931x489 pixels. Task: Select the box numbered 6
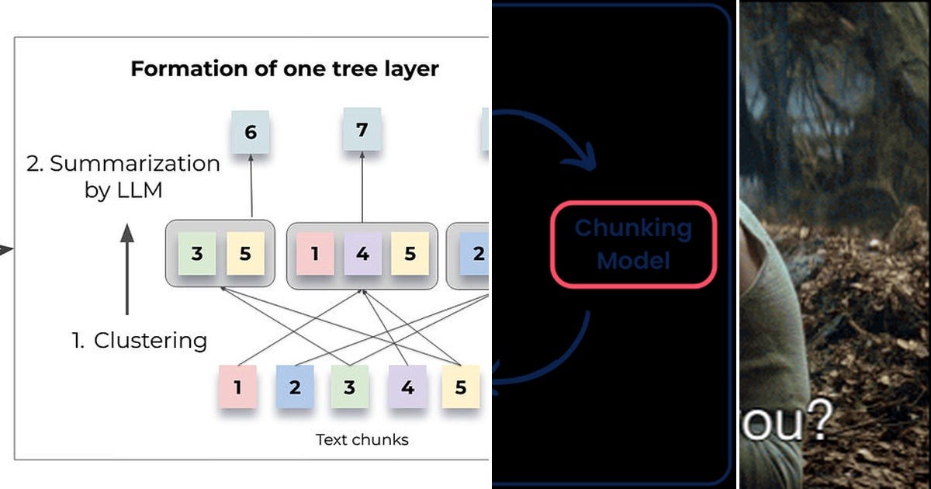251,133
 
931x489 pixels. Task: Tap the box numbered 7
362,130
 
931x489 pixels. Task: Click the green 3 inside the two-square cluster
197,254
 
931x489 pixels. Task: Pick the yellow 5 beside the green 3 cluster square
245,254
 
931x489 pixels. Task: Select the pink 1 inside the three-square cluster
313,254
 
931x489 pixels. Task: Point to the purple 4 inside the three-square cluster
362,254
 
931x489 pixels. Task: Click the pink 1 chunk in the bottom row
237,387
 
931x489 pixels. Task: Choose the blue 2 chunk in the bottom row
295,387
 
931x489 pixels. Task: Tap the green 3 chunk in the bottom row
349,387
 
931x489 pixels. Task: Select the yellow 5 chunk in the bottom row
461,387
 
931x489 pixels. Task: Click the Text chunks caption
362,439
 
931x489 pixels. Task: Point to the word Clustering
151,340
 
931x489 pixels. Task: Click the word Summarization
135,164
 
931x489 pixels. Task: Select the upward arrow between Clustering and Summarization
127,268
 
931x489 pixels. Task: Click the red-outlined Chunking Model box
632,244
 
